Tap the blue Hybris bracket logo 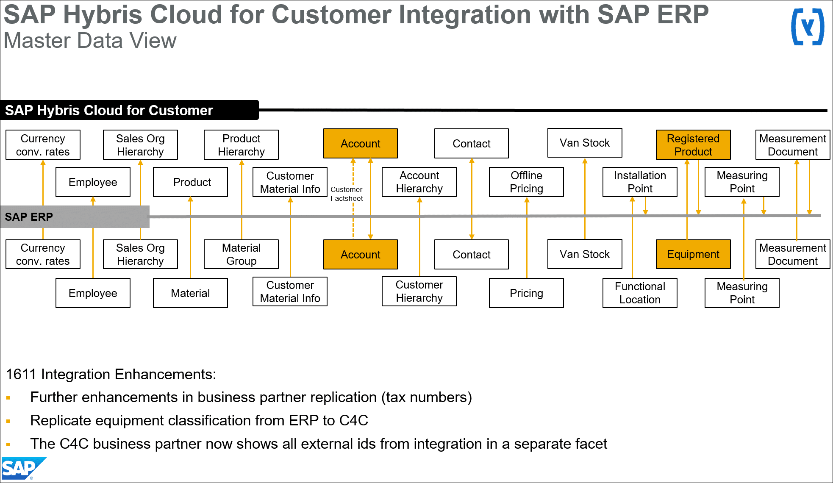coord(808,27)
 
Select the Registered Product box coord(693,145)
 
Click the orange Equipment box coord(693,254)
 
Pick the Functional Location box coord(640,293)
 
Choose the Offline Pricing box coord(526,182)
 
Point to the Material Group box coord(241,254)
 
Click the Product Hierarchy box coord(241,145)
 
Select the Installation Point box coord(640,182)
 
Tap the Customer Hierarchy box coord(419,291)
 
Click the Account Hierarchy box coord(419,182)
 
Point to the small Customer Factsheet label coord(347,194)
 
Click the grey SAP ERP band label coord(29,217)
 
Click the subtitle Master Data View coord(90,41)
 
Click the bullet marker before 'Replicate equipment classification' coord(8,421)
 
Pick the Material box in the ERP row coord(190,293)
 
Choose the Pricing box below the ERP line coord(526,293)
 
